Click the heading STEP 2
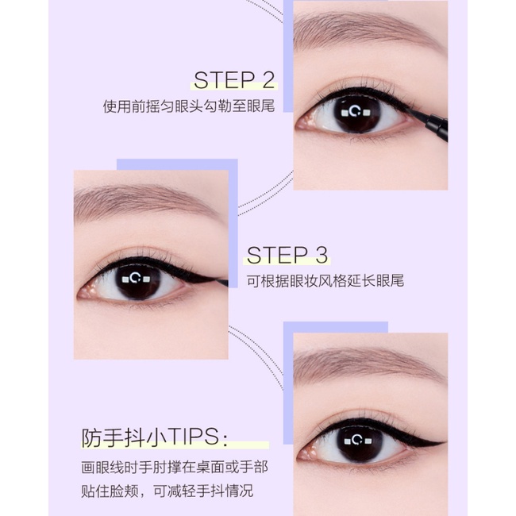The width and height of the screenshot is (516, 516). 234,80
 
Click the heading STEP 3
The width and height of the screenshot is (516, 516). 287,255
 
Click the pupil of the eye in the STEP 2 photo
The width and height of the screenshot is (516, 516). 358,113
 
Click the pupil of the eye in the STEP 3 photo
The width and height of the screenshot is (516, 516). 140,279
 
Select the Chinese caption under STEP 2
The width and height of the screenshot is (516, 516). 188,106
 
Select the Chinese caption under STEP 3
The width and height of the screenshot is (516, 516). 324,281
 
